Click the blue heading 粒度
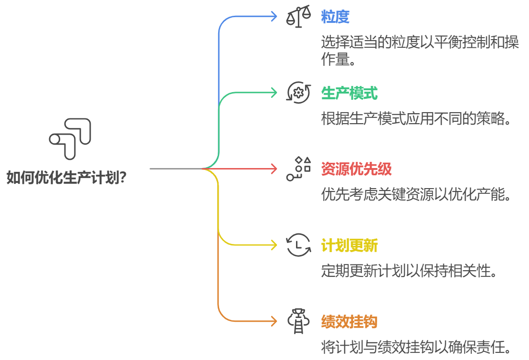pyautogui.click(x=335, y=17)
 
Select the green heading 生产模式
pyautogui.click(x=349, y=93)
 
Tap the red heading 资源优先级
pyautogui.click(x=356, y=169)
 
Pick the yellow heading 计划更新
pyautogui.click(x=349, y=246)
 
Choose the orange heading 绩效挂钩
pyautogui.click(x=349, y=322)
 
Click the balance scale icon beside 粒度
pyautogui.click(x=298, y=17)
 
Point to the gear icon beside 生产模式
pyautogui.click(x=298, y=93)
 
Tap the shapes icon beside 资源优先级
pyautogui.click(x=298, y=169)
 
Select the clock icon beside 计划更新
pyautogui.click(x=298, y=245)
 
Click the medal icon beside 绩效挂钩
pyautogui.click(x=298, y=321)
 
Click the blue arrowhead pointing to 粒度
pyautogui.click(x=274, y=16)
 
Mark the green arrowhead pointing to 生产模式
pyautogui.click(x=274, y=92)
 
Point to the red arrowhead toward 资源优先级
pyautogui.click(x=274, y=169)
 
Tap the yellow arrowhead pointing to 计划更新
pyautogui.click(x=274, y=245)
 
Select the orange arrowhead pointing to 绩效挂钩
pyautogui.click(x=274, y=321)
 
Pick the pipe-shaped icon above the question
pyautogui.click(x=70, y=138)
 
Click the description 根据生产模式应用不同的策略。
pyautogui.click(x=417, y=119)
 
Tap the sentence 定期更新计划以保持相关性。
pyautogui.click(x=410, y=271)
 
